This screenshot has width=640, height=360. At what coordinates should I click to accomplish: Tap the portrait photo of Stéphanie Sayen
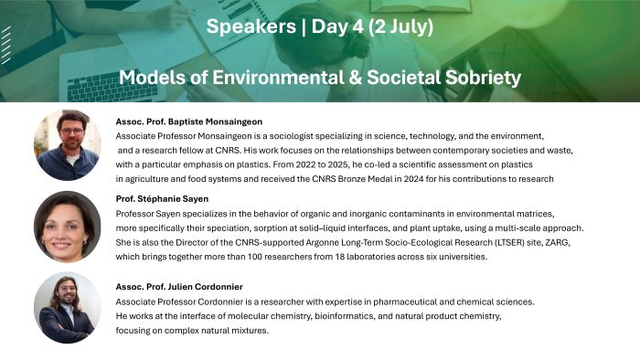pyautogui.click(x=67, y=227)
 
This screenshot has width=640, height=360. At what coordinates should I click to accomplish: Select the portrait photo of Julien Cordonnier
pyautogui.click(x=67, y=308)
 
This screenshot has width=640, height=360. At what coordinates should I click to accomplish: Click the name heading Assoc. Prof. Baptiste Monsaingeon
pyautogui.click(x=189, y=121)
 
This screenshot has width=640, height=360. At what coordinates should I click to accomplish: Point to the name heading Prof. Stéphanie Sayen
pyautogui.click(x=163, y=199)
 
